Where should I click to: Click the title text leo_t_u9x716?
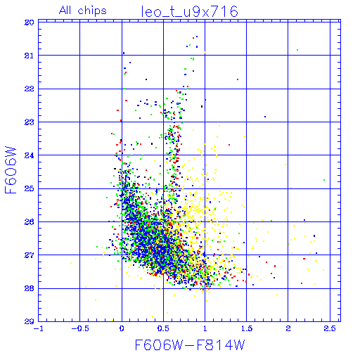click(190, 11)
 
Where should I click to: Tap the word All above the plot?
click(65, 11)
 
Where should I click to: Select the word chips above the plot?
click(92, 11)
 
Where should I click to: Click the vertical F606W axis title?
click(11, 170)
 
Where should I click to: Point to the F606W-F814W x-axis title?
click(190, 345)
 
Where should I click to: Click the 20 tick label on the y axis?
click(30, 22)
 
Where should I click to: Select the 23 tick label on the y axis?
click(30, 122)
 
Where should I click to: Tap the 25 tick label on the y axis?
click(30, 188)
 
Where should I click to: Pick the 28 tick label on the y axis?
click(30, 288)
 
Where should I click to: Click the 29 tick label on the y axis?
click(30, 321)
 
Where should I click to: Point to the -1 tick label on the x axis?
click(39, 328)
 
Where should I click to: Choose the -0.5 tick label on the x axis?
click(80, 328)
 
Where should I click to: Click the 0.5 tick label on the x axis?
click(163, 328)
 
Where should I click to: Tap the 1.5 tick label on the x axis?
click(247, 328)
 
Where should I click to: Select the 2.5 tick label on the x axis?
click(330, 328)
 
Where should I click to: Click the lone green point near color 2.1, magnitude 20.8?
click(297, 50)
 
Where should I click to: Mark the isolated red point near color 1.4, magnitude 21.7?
click(238, 79)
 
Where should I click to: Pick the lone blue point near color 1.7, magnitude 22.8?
click(265, 117)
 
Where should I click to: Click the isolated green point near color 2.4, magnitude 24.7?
click(324, 180)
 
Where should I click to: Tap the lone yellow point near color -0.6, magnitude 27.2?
click(71, 263)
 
